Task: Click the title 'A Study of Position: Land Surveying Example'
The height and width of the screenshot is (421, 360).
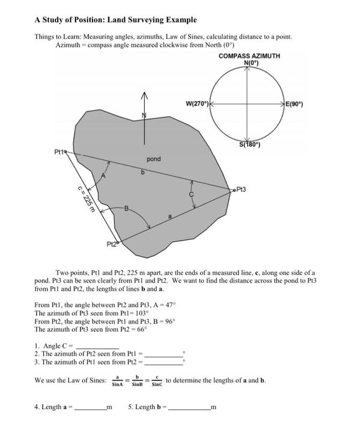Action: [x=115, y=20]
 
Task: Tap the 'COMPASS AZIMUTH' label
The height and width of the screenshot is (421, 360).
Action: [x=249, y=56]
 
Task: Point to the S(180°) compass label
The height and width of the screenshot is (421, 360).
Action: [x=249, y=145]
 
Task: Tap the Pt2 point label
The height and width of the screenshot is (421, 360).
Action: [x=112, y=244]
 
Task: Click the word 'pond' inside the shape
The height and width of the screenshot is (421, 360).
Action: [x=154, y=159]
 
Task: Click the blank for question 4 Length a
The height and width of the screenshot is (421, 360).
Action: [x=90, y=407]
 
